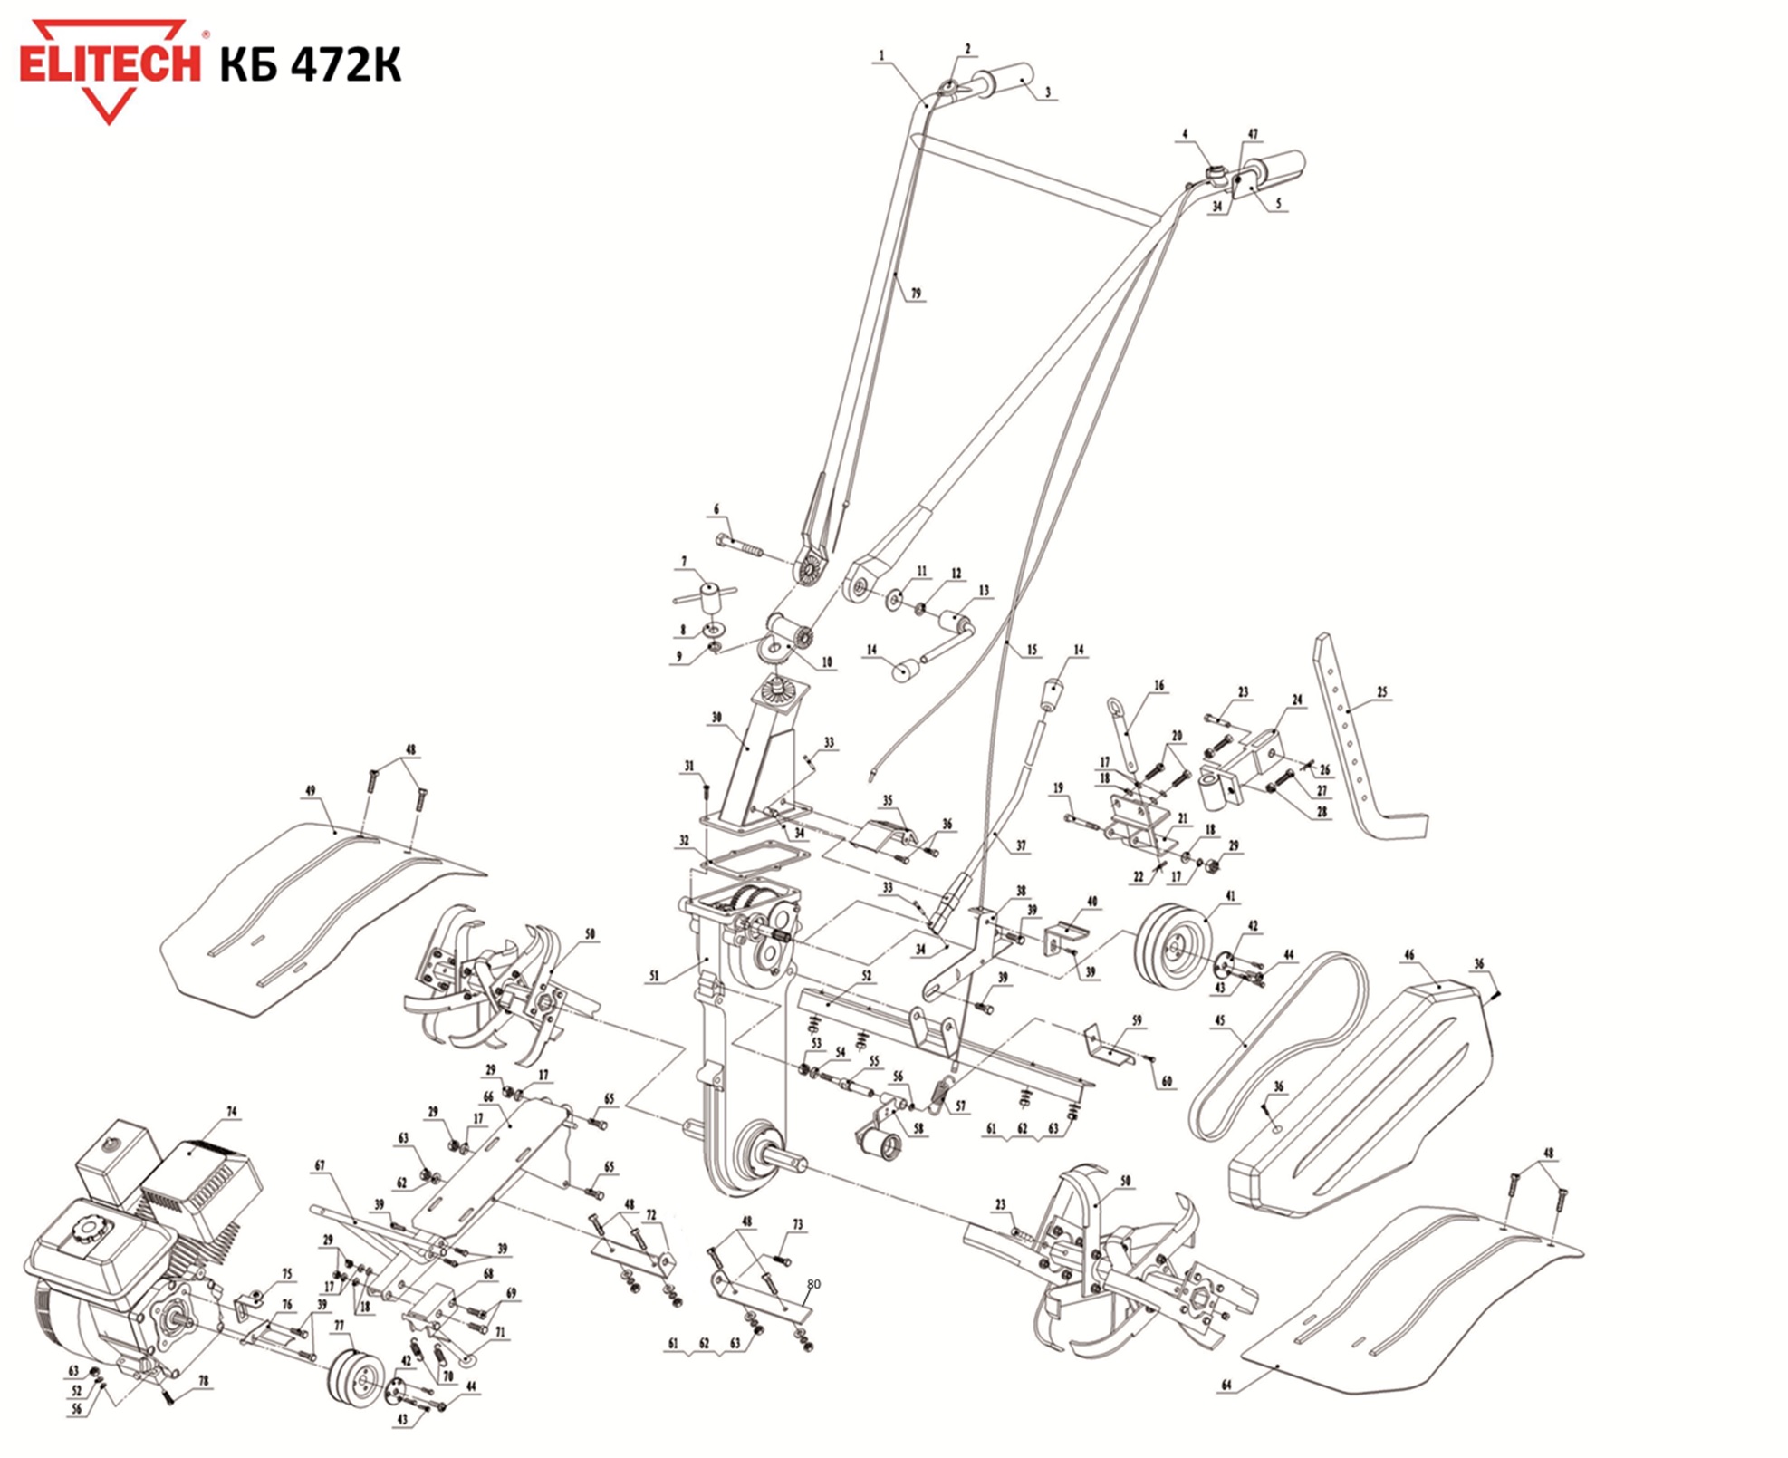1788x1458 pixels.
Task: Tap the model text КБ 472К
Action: pos(311,65)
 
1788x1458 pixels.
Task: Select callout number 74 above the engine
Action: pos(231,1111)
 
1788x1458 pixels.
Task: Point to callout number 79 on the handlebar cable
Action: pos(916,294)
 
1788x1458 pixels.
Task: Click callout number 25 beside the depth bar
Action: pos(1381,692)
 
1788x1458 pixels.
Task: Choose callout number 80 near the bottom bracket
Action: pos(812,1284)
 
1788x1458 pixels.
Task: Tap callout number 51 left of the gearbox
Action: pos(654,977)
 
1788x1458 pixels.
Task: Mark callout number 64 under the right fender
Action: pos(1226,1386)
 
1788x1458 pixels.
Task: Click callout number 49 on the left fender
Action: pos(311,791)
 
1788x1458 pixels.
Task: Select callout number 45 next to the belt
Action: pos(1219,1021)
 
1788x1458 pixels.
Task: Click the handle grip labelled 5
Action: pos(1277,168)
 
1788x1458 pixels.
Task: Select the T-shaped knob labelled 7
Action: pos(704,593)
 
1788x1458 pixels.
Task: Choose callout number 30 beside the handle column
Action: pos(716,718)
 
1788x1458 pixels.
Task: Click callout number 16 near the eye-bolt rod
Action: pos(1158,686)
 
